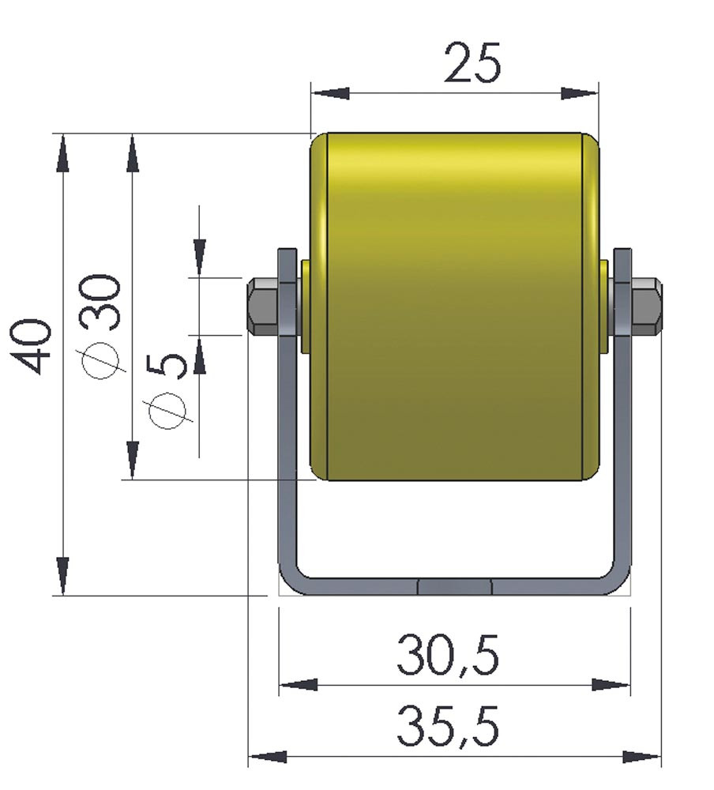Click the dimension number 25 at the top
472,63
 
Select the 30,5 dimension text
448,655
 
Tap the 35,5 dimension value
448,727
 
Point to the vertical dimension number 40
32,346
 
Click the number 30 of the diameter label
103,301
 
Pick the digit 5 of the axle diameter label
167,365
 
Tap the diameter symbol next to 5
167,412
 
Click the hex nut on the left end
262,307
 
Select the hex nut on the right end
646,307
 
